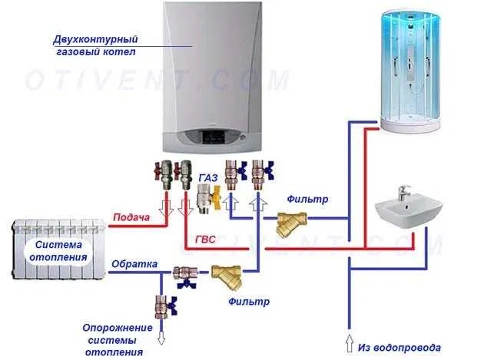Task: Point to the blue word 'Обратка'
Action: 134,264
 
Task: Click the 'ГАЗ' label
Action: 207,177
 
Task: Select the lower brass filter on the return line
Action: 227,275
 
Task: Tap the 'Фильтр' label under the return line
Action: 250,302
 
